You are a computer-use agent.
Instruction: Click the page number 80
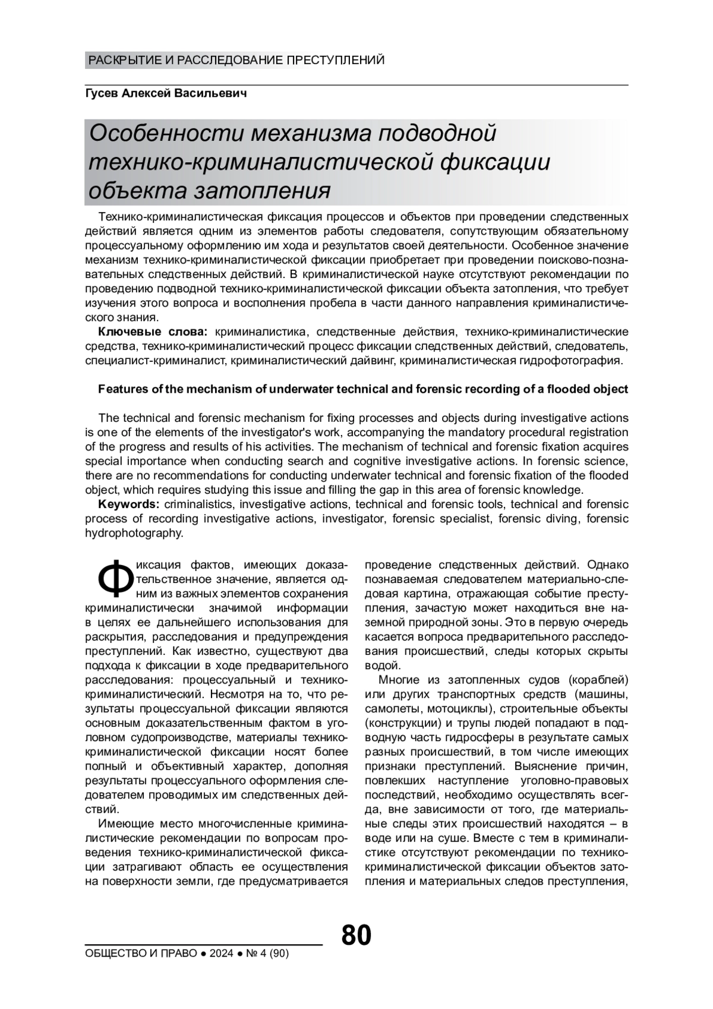(356, 935)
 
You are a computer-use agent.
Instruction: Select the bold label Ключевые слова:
(152, 332)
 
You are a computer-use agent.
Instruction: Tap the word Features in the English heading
(120, 389)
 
